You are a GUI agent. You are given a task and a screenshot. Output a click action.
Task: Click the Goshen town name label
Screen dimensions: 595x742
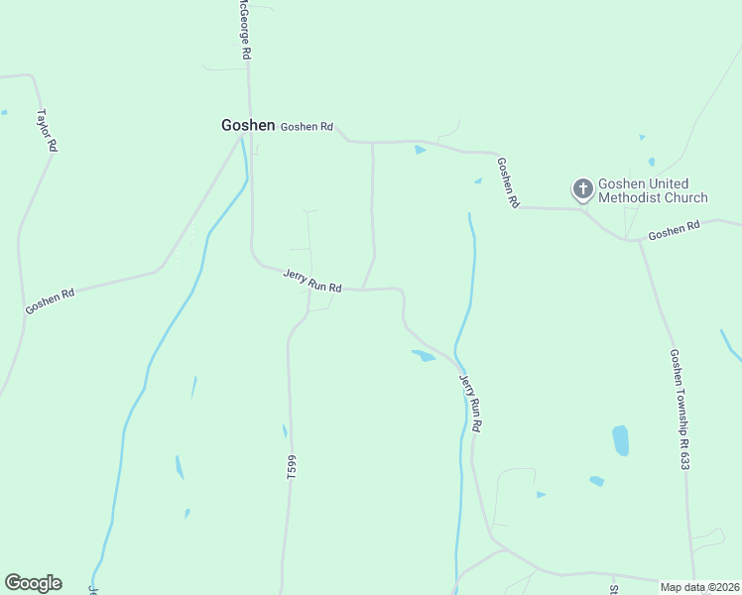(247, 125)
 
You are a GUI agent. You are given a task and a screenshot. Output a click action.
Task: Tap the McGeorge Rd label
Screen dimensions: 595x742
(241, 30)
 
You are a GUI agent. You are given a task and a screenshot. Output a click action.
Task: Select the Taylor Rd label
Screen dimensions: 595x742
(46, 130)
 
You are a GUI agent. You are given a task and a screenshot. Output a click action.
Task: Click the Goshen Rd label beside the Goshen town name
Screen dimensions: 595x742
(307, 127)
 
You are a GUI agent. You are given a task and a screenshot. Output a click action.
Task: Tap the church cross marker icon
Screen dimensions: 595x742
(582, 187)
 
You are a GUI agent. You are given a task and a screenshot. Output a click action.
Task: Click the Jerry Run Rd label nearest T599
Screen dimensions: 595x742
(312, 281)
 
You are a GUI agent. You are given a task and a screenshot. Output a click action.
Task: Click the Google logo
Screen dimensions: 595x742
(33, 583)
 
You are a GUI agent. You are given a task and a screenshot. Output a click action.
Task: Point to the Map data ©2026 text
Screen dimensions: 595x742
(700, 587)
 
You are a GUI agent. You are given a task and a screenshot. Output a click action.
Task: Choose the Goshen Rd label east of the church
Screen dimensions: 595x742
(675, 230)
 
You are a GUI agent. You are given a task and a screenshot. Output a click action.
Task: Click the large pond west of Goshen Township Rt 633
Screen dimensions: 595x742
(620, 440)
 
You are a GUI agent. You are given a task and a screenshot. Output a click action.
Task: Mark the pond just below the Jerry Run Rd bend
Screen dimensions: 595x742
(424, 355)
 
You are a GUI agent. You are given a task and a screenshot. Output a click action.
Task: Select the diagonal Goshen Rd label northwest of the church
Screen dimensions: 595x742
(508, 182)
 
